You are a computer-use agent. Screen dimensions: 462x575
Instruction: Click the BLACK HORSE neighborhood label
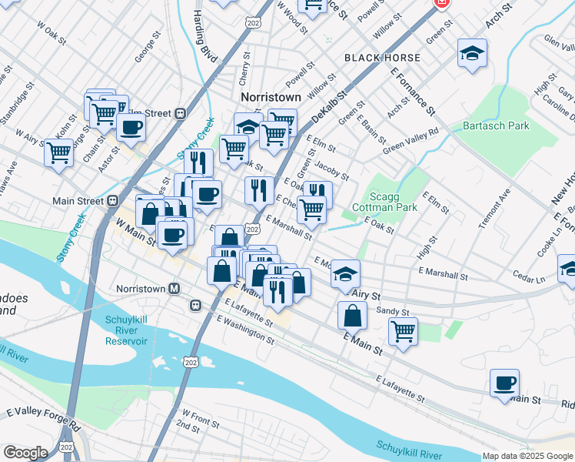[382, 58]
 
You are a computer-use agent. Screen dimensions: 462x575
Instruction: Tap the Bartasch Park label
[497, 125]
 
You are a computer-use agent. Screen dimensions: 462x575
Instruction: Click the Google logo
[25, 452]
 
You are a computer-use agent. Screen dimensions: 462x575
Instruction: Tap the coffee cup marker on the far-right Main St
[504, 383]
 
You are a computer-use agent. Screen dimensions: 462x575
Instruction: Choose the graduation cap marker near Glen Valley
[472, 53]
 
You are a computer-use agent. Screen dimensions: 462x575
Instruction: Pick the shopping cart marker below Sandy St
[403, 331]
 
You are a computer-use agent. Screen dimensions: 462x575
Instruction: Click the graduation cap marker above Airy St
[346, 273]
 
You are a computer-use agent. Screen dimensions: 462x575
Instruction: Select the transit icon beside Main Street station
[112, 201]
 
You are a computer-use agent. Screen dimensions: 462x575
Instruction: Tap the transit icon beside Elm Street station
[180, 113]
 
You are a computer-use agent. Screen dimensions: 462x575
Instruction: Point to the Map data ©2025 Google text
[527, 456]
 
